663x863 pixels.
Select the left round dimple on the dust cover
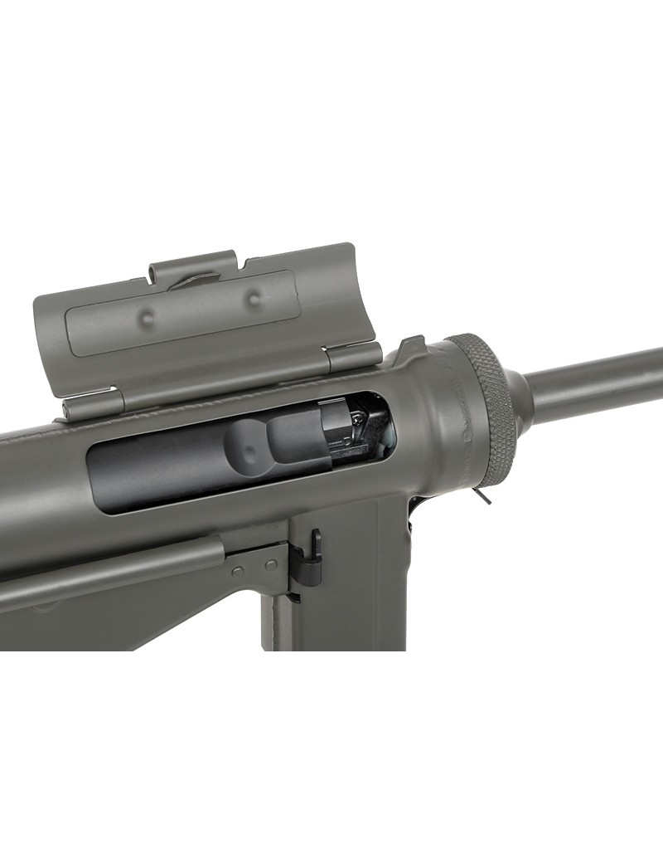[x=147, y=315]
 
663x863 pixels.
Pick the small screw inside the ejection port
[x=356, y=424]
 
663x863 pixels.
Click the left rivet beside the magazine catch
[x=239, y=571]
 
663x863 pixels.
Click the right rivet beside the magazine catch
[x=269, y=564]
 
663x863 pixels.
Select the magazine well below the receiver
[x=340, y=597]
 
